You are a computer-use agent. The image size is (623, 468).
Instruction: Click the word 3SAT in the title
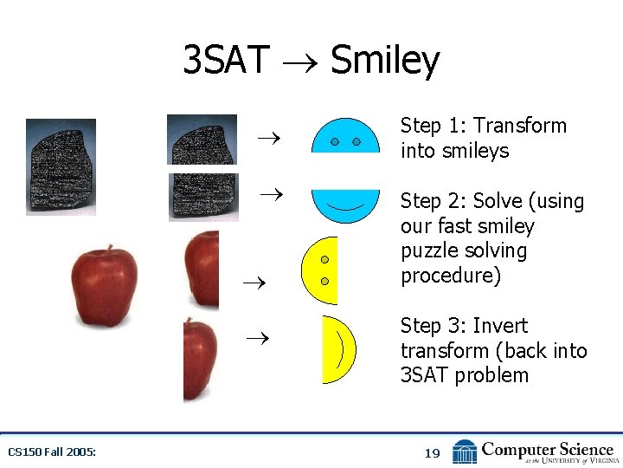pos(228,61)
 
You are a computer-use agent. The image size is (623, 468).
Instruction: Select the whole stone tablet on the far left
pos(61,166)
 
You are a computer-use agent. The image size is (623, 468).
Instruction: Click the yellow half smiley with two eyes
pos(320,270)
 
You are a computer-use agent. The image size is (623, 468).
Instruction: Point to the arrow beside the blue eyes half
pos(268,136)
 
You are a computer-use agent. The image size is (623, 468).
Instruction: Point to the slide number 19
pos(433,452)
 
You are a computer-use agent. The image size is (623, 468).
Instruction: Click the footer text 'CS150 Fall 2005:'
pos(52,452)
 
